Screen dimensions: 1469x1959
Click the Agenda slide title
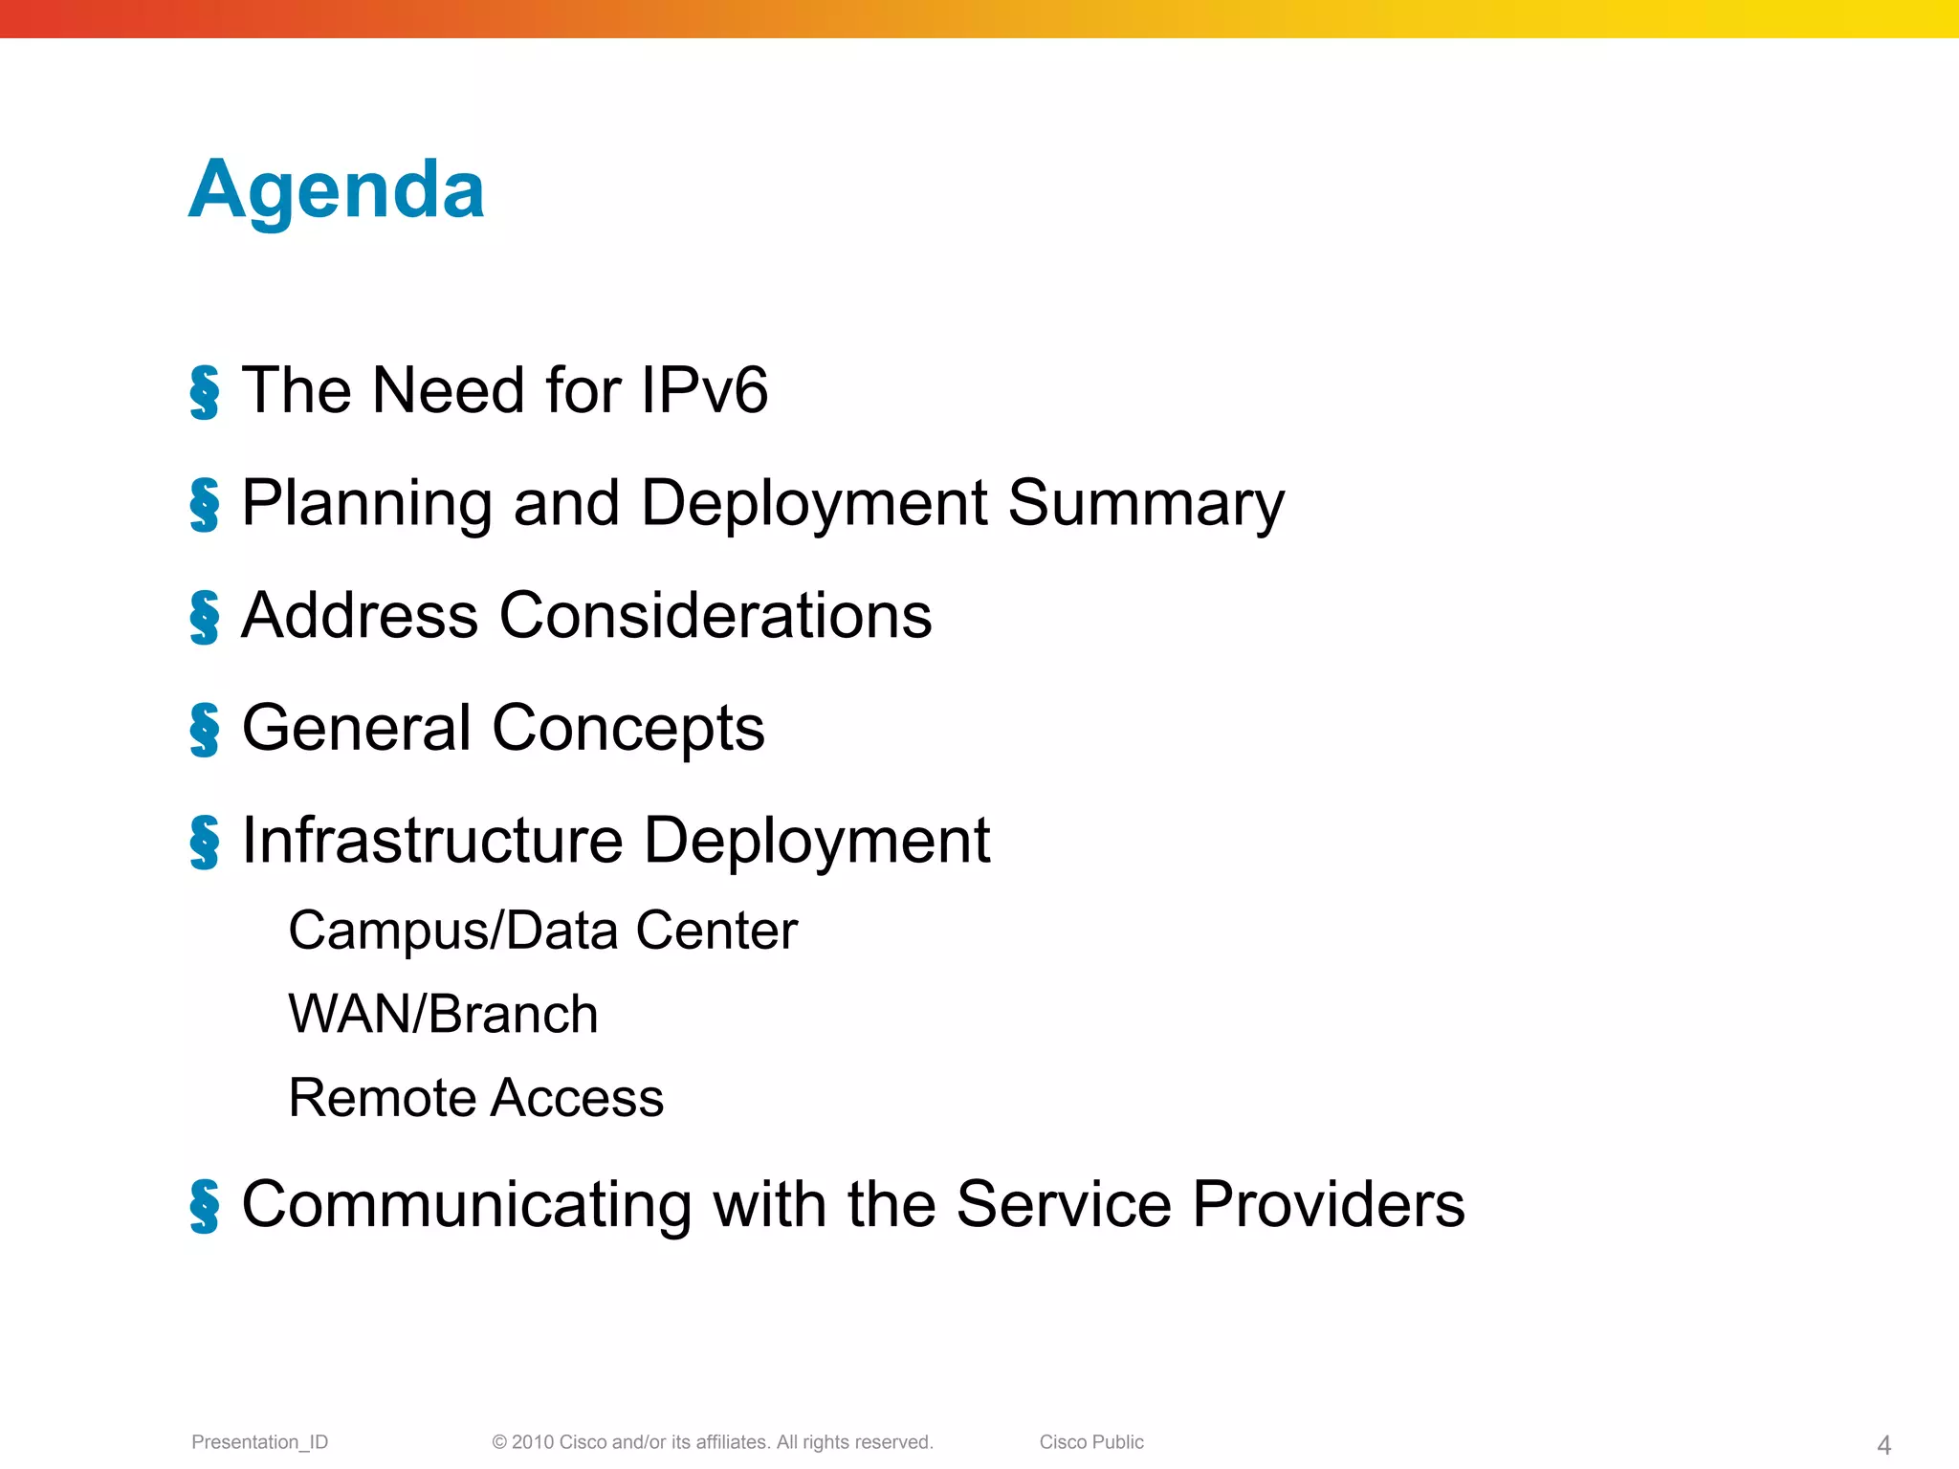[337, 189]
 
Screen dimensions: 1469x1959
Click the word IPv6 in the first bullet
[704, 390]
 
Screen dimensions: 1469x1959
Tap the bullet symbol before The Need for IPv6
[204, 392]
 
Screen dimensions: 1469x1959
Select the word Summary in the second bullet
[1146, 503]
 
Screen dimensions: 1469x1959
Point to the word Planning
[366, 503]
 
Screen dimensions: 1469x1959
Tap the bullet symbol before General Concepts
[204, 730]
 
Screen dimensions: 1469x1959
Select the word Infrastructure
[432, 841]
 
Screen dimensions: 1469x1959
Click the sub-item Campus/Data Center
[542, 931]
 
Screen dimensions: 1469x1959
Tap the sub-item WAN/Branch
[443, 1014]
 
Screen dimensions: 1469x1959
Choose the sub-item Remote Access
[475, 1097]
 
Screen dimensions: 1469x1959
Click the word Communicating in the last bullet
[467, 1204]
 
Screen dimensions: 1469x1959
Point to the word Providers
[1328, 1204]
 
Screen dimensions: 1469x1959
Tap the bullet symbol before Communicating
[204, 1206]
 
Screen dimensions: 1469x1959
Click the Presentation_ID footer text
[259, 1442]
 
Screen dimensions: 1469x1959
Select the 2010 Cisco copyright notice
[712, 1442]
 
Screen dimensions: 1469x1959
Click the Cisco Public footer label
[1090, 1442]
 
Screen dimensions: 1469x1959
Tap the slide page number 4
[1883, 1445]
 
